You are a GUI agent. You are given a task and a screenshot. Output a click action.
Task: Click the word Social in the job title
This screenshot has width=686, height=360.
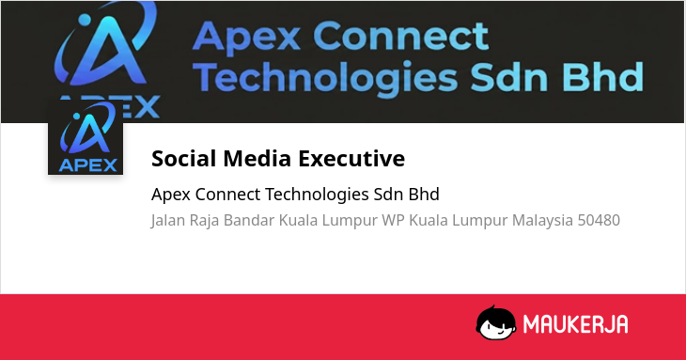click(184, 158)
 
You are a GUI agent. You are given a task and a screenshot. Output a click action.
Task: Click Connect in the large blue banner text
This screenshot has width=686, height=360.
click(400, 37)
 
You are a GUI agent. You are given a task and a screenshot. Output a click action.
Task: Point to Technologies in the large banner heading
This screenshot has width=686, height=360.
click(325, 77)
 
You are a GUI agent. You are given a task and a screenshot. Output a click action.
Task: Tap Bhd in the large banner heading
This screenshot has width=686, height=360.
click(603, 77)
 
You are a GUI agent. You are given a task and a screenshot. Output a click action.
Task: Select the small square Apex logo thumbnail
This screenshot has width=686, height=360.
click(86, 137)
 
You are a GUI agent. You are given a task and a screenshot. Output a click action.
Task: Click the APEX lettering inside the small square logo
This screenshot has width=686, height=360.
click(88, 164)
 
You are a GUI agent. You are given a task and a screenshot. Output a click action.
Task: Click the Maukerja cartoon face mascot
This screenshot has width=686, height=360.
click(495, 323)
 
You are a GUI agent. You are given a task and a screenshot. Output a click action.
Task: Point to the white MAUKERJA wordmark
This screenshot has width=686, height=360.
click(575, 324)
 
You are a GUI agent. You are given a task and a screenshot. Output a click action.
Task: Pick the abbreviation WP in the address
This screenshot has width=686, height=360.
click(393, 220)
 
